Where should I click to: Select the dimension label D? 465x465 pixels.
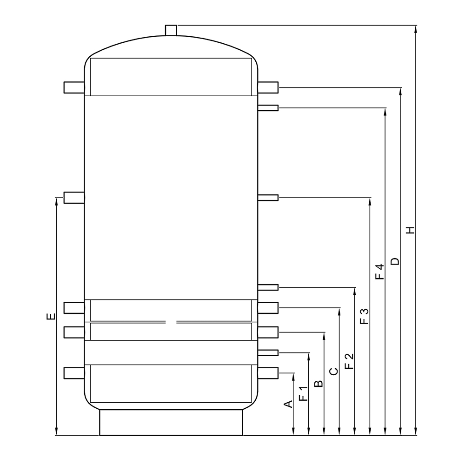(395, 261)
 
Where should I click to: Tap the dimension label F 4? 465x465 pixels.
(380, 272)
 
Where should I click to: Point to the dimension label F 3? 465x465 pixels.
(365, 316)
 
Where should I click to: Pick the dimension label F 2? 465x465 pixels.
(349, 362)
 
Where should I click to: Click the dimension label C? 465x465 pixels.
(333, 371)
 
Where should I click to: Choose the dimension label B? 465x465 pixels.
(319, 384)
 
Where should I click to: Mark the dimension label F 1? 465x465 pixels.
(303, 393)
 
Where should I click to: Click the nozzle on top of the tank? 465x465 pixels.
(171, 30)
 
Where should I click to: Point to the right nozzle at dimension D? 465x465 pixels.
(268, 87)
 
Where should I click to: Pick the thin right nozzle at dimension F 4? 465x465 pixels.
(268, 108)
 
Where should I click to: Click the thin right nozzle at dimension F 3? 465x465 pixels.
(268, 198)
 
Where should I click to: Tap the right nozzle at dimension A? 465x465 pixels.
(268, 372)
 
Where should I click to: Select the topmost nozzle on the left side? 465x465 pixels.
(74, 87)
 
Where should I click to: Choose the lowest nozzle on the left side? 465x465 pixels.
(74, 372)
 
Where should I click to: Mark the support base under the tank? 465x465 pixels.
(171, 422)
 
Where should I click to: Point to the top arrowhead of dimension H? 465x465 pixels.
(416, 28)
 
